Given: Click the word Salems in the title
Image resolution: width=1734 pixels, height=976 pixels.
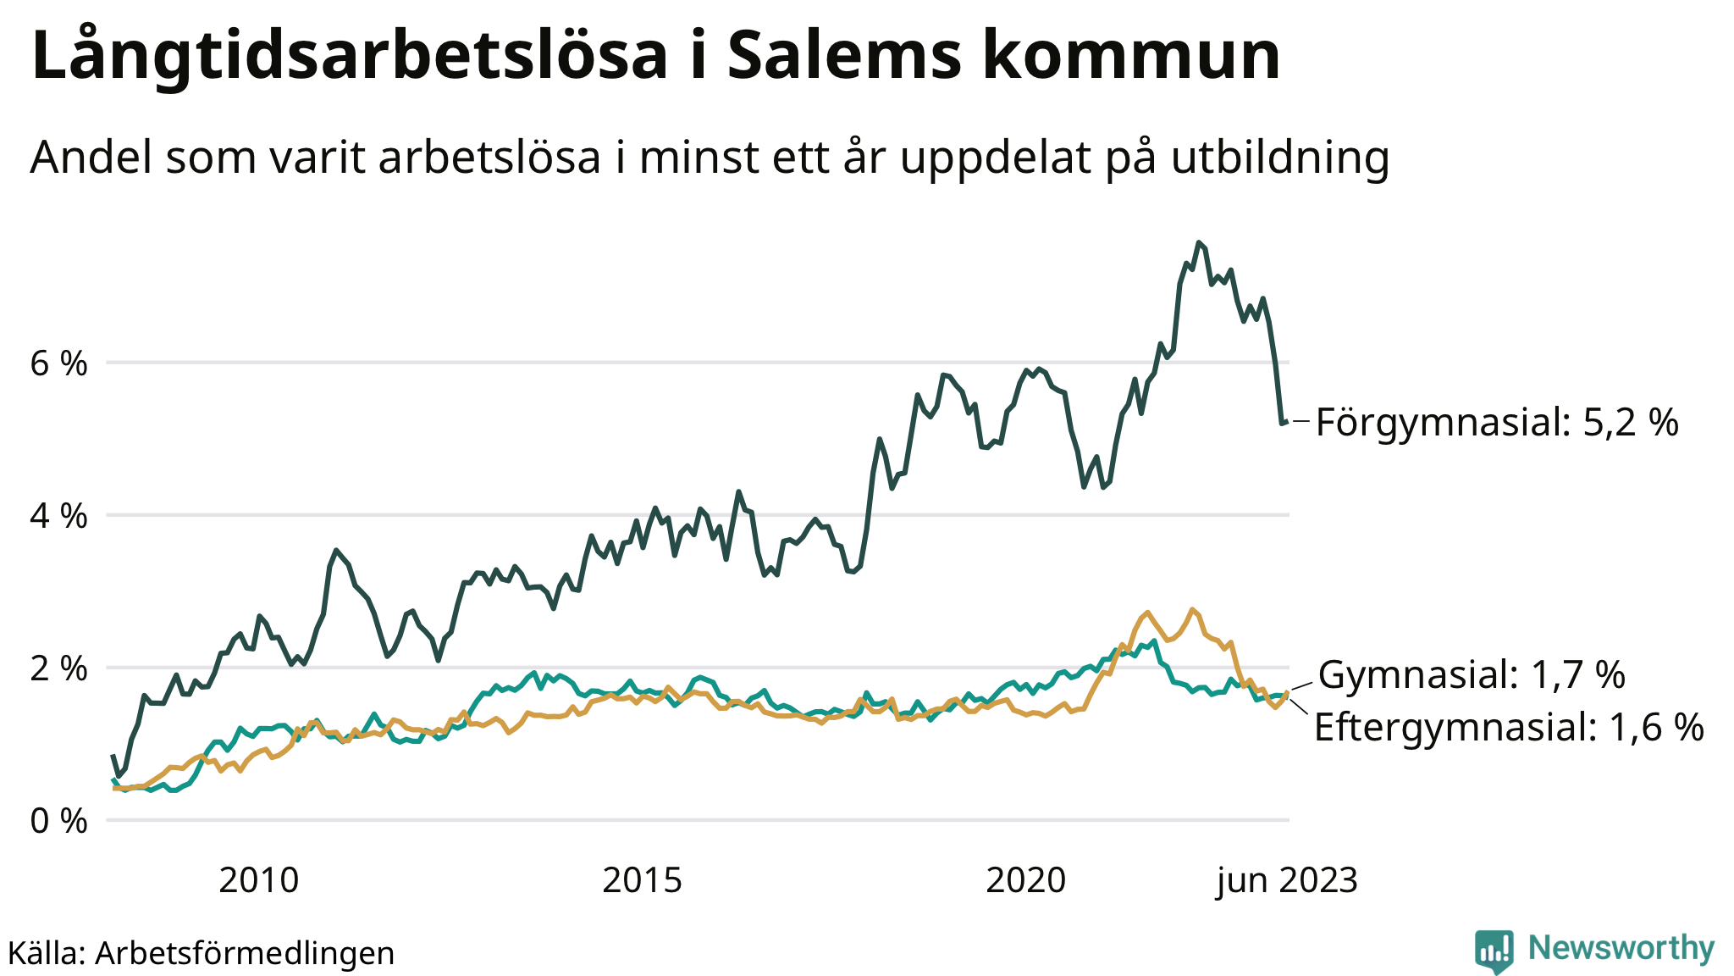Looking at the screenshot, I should pyautogui.click(x=844, y=56).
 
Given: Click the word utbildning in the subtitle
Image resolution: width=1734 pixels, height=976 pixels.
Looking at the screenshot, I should pyautogui.click(x=1280, y=158).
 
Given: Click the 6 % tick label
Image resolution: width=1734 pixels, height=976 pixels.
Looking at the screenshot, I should pyautogui.click(x=58, y=364).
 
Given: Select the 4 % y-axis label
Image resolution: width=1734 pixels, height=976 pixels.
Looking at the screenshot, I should pyautogui.click(x=58, y=516).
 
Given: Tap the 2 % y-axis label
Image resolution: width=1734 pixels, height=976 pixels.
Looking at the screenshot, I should pyautogui.click(x=58, y=668).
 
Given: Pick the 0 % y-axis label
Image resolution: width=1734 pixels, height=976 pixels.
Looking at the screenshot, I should pyautogui.click(x=58, y=821).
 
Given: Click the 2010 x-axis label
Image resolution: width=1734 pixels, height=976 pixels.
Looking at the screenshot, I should pyautogui.click(x=258, y=881).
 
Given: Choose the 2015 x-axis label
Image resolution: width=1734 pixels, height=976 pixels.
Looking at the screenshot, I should pyautogui.click(x=642, y=881).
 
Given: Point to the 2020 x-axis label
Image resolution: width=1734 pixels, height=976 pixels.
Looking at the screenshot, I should pyautogui.click(x=1025, y=881).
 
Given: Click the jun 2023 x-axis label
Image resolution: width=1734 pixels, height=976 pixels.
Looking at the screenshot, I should pyautogui.click(x=1287, y=881).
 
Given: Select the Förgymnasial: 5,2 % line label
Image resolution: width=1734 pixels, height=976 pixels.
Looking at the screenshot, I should pyautogui.click(x=1496, y=422).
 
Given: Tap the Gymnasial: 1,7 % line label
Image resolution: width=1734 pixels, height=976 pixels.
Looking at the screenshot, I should pyautogui.click(x=1472, y=674).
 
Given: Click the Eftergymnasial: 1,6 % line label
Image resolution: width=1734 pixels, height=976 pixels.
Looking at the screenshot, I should pyautogui.click(x=1509, y=727).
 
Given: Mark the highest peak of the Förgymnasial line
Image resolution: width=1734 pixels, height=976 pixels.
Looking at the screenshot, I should pyautogui.click(x=1199, y=243).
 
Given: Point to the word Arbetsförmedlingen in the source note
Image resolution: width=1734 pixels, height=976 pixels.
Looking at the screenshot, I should pyautogui.click(x=245, y=953).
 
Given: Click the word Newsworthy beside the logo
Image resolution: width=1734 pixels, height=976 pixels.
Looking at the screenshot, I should pyautogui.click(x=1621, y=948).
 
